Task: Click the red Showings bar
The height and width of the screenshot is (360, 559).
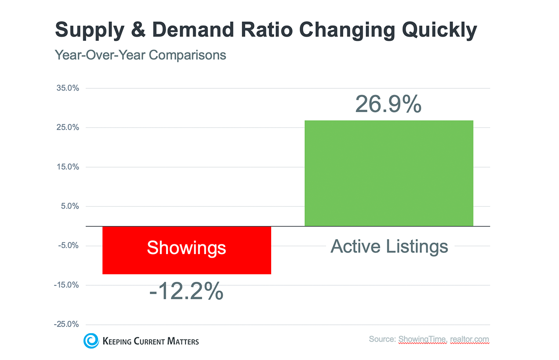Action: (x=186, y=264)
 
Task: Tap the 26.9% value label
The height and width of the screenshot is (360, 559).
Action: (x=388, y=104)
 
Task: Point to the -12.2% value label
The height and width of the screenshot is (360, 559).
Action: (x=186, y=291)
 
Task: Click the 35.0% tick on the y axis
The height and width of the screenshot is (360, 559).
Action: (x=68, y=88)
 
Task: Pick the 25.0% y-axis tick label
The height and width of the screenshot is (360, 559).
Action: (x=68, y=127)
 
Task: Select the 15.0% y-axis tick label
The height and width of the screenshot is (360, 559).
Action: (x=68, y=167)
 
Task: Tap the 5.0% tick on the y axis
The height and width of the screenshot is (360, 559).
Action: (x=69, y=206)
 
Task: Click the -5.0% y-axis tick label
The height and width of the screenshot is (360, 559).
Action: (x=69, y=246)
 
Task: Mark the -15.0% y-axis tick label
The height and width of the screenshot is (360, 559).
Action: (x=67, y=285)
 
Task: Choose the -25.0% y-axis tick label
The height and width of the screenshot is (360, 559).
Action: (x=67, y=324)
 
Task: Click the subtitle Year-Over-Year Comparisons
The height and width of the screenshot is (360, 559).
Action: (x=140, y=55)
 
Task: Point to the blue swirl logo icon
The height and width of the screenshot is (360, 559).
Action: (x=91, y=341)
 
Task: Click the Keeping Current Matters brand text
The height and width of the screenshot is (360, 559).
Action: (x=150, y=341)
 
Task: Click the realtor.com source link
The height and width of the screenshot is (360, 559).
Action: (x=469, y=340)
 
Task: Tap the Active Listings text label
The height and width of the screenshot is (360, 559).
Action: (x=389, y=246)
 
